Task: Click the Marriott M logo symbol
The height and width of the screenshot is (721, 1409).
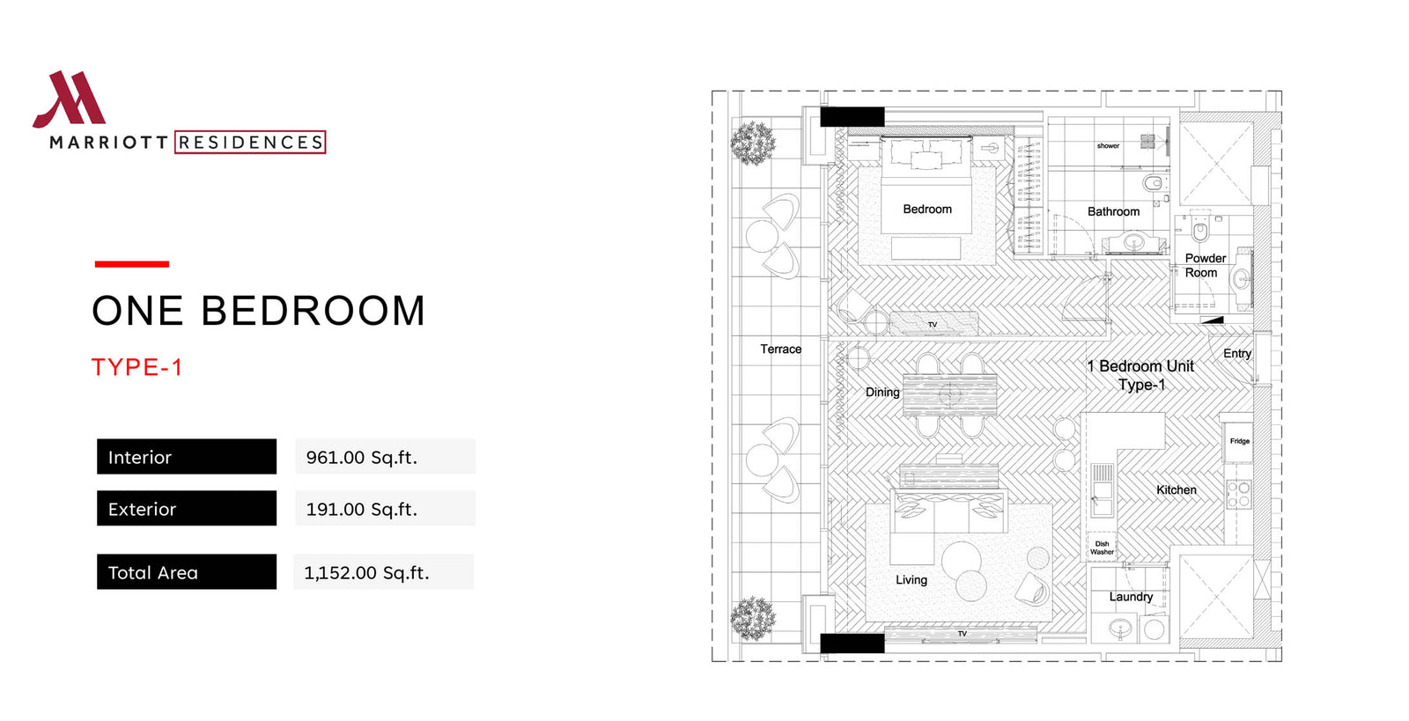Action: (x=70, y=99)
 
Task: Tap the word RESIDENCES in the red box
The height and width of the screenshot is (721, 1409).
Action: (x=250, y=143)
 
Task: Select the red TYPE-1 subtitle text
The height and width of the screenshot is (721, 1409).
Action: (x=137, y=367)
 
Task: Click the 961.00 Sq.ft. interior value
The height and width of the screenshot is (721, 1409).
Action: (x=362, y=457)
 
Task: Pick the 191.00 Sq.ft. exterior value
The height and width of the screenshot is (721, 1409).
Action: (x=362, y=509)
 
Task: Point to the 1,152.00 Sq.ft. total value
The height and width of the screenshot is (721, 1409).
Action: (x=366, y=572)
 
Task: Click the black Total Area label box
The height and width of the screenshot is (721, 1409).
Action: (x=187, y=571)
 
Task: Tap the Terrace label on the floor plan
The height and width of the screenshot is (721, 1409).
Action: (x=780, y=349)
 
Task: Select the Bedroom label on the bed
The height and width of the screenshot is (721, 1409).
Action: (x=927, y=210)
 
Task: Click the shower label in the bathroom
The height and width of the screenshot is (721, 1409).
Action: (x=1109, y=146)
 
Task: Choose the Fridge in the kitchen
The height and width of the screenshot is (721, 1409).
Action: (x=1238, y=441)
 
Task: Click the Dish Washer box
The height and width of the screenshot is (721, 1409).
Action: (x=1102, y=548)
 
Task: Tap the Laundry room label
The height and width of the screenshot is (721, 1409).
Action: (x=1131, y=597)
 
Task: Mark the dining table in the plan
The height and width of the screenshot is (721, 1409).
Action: (x=950, y=394)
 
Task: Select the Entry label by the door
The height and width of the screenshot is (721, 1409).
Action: (x=1237, y=354)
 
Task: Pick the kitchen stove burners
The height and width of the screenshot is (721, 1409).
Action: (x=1238, y=494)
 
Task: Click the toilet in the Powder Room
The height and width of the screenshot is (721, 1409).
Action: (x=1200, y=232)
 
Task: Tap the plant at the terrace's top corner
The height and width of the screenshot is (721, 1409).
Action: (x=753, y=143)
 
